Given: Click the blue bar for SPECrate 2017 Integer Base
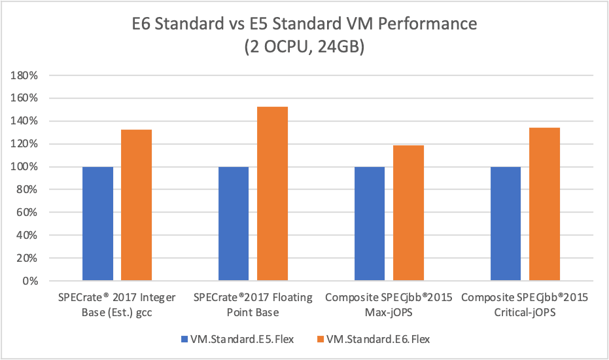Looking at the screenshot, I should [x=97, y=224].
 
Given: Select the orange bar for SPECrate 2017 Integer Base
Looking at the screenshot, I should [x=136, y=206].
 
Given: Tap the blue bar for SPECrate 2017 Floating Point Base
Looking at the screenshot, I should [x=234, y=224].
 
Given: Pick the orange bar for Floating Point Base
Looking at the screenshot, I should [x=272, y=194].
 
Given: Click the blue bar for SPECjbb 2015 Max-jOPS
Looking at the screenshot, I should [x=369, y=224].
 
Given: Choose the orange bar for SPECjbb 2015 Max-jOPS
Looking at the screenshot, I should [x=408, y=213].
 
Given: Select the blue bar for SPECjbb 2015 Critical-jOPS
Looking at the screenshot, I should [x=505, y=224].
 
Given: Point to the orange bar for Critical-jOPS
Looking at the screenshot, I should [x=544, y=204].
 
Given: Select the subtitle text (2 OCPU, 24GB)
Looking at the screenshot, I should [x=304, y=48].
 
